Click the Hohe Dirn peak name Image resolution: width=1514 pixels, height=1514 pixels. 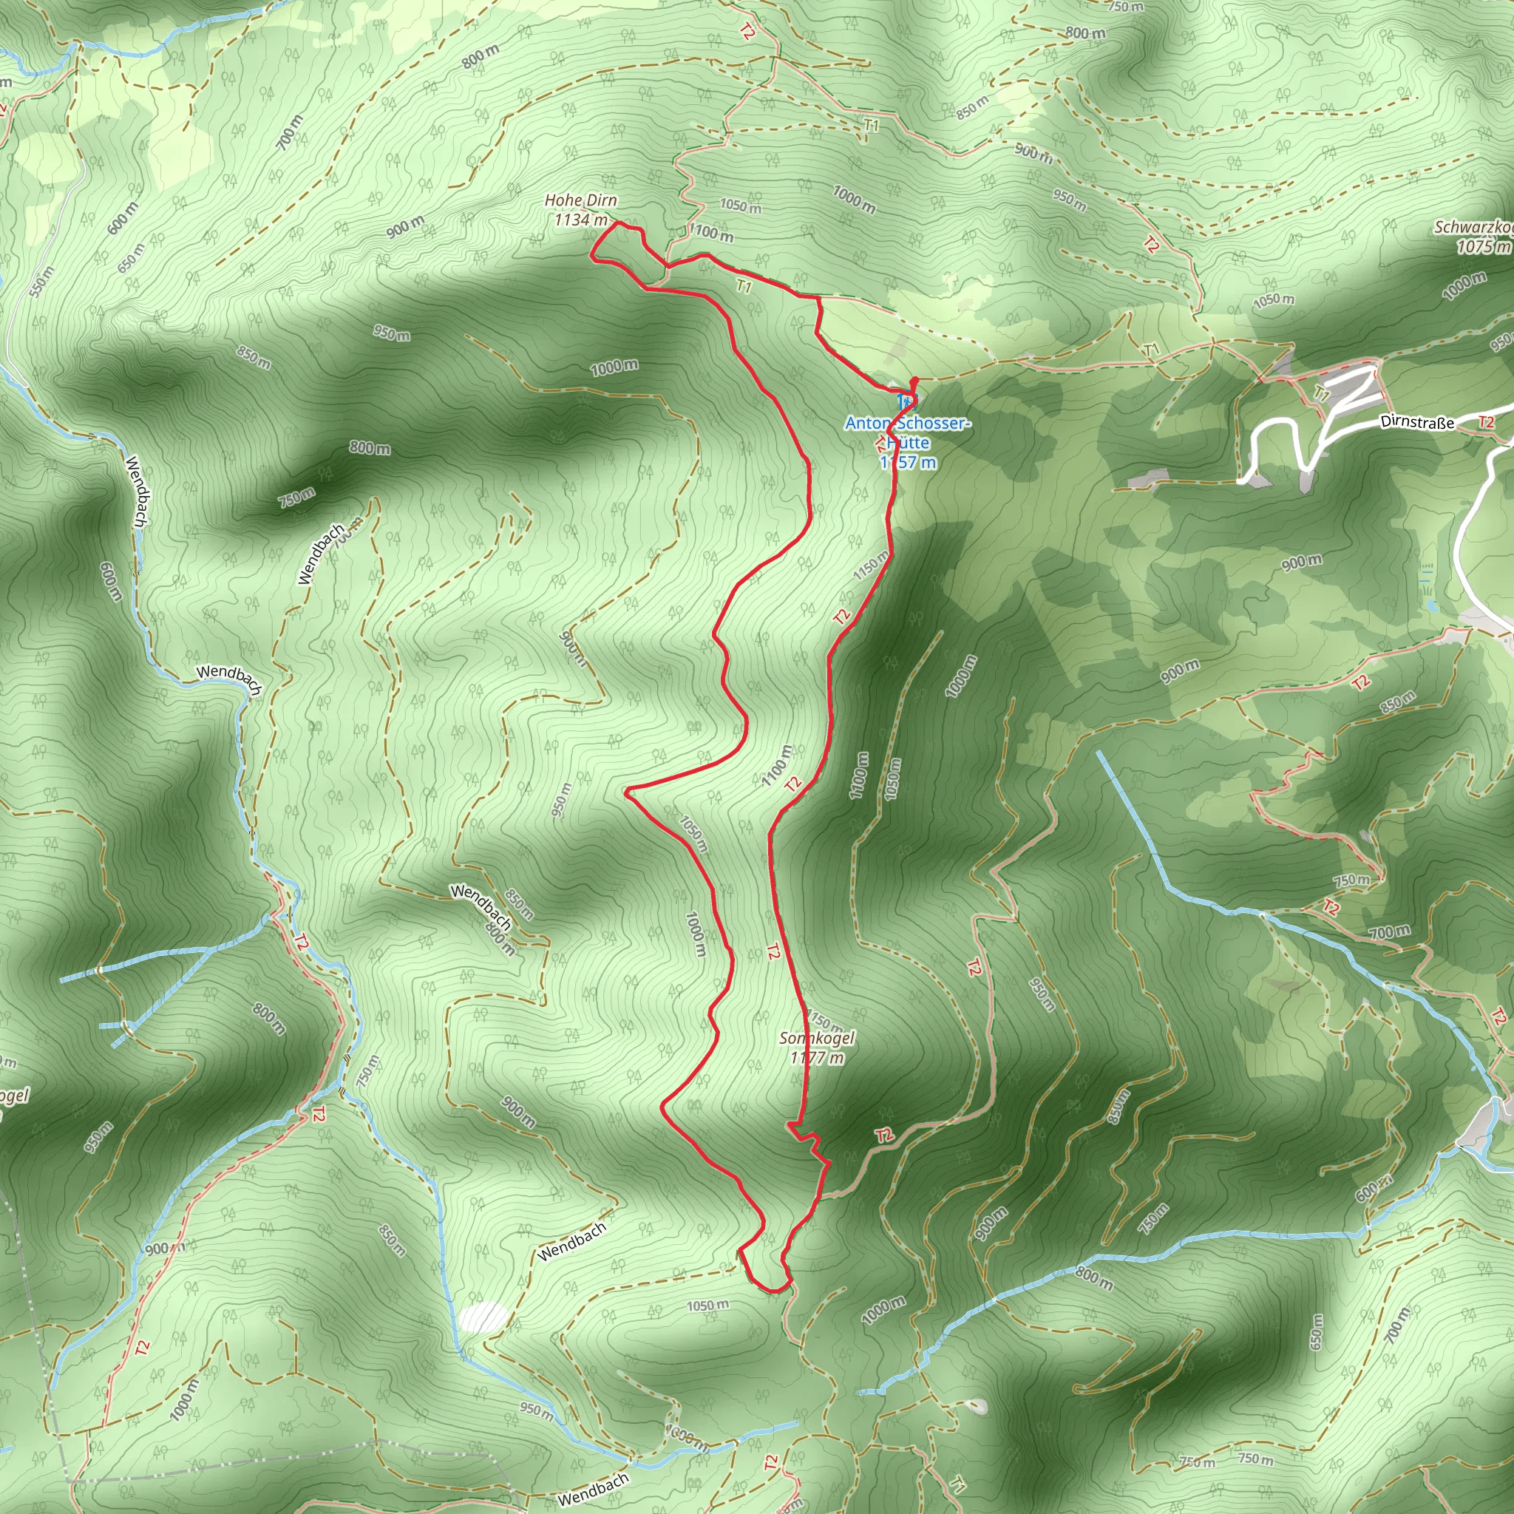click(x=580, y=200)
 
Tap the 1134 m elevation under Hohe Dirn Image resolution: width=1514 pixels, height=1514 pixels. click(x=580, y=220)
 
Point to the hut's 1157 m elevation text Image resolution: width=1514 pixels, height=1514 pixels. click(x=909, y=462)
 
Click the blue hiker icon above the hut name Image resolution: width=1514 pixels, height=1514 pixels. click(x=906, y=403)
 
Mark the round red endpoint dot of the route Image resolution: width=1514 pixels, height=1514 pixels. click(x=914, y=381)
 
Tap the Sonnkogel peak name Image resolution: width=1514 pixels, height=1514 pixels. click(x=817, y=1039)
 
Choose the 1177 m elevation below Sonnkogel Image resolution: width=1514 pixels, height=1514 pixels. click(x=818, y=1058)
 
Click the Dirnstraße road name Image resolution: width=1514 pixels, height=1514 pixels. click(x=1417, y=422)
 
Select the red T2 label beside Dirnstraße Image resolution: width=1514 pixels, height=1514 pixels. click(x=1486, y=422)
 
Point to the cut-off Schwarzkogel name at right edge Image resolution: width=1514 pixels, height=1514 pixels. click(x=1473, y=227)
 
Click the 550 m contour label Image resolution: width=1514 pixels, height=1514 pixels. click(x=40, y=282)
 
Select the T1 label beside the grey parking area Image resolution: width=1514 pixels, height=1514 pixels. click(x=1321, y=393)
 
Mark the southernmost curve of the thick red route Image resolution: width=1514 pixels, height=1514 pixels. click(x=773, y=1290)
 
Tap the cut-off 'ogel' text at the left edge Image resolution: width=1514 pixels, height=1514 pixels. click(x=14, y=1096)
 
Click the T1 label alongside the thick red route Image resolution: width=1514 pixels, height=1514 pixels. click(x=744, y=287)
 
